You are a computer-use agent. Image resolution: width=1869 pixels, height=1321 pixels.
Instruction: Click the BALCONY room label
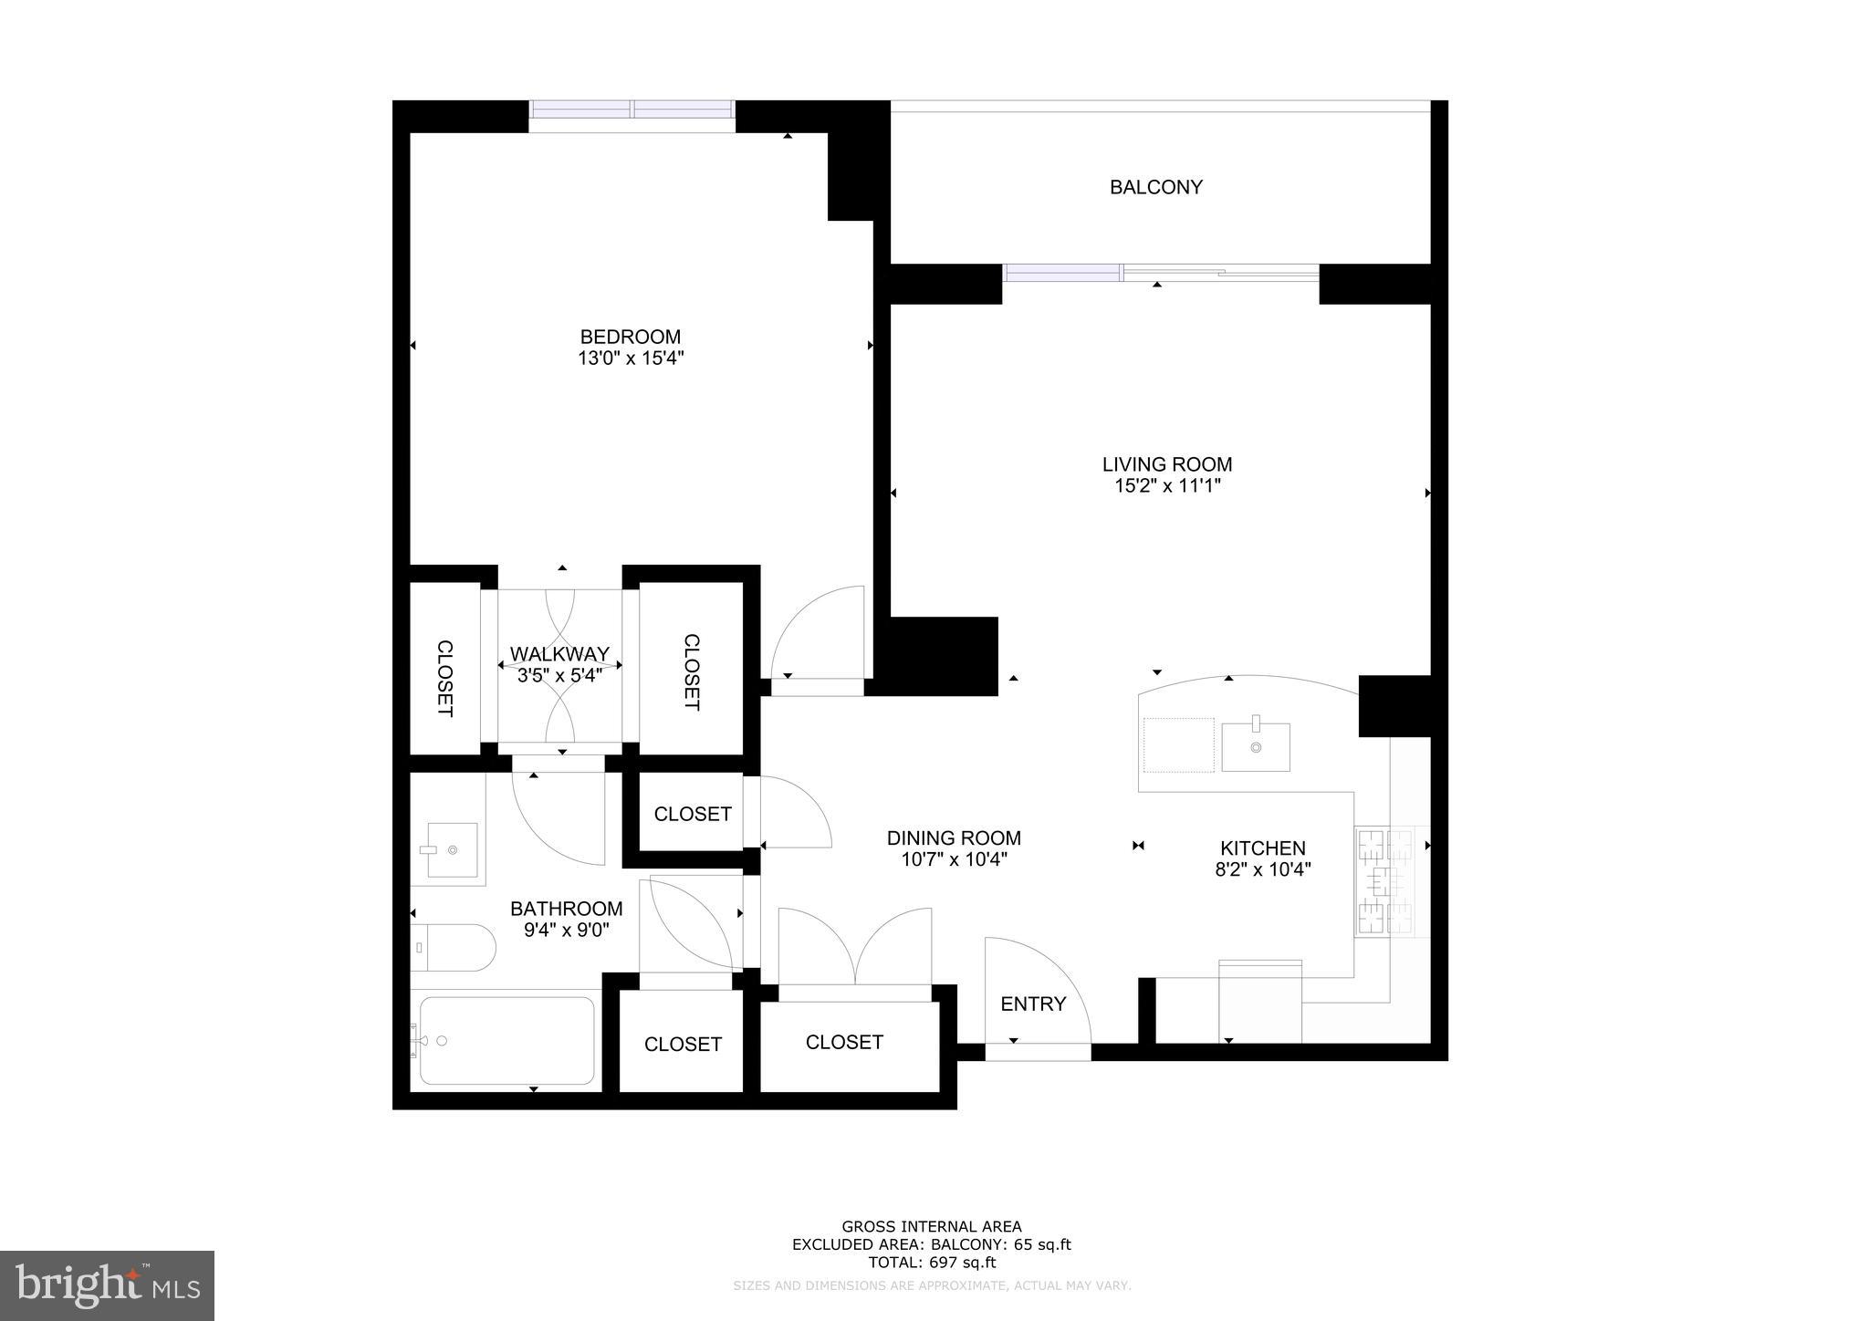pyautogui.click(x=1155, y=187)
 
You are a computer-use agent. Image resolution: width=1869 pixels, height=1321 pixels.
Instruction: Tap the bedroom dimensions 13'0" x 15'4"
pyautogui.click(x=631, y=359)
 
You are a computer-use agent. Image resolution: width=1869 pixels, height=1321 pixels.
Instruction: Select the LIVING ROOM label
pyautogui.click(x=1166, y=464)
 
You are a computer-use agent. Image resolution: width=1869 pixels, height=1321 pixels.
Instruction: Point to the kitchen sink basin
pyautogui.click(x=1256, y=747)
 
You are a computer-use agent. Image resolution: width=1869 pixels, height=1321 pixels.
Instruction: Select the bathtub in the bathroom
pyautogui.click(x=507, y=1040)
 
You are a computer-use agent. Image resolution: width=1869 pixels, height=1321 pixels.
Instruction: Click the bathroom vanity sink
pyautogui.click(x=452, y=849)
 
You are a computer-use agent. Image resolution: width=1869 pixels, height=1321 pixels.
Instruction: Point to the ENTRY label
pyautogui.click(x=1033, y=1004)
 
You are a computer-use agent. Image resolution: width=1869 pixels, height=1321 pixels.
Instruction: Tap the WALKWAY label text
pyautogui.click(x=559, y=654)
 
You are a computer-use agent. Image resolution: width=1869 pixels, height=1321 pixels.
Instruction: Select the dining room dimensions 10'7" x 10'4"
pyautogui.click(x=954, y=859)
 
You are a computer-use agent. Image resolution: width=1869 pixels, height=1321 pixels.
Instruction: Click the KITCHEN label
pyautogui.click(x=1263, y=848)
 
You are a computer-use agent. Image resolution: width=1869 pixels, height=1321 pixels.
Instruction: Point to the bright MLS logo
pyautogui.click(x=108, y=1285)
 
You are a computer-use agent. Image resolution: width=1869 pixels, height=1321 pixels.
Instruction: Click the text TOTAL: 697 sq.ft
pyautogui.click(x=932, y=1263)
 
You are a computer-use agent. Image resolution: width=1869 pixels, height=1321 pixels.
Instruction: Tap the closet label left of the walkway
pyautogui.click(x=444, y=678)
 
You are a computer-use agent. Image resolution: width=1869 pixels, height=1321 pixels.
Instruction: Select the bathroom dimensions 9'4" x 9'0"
pyautogui.click(x=566, y=931)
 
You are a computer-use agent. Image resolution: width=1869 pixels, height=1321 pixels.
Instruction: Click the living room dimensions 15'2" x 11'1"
pyautogui.click(x=1167, y=486)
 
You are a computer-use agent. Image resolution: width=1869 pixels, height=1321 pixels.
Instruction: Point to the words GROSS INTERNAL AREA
pyautogui.click(x=932, y=1227)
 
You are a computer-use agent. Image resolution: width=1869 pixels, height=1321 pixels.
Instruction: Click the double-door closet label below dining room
pyautogui.click(x=844, y=1042)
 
